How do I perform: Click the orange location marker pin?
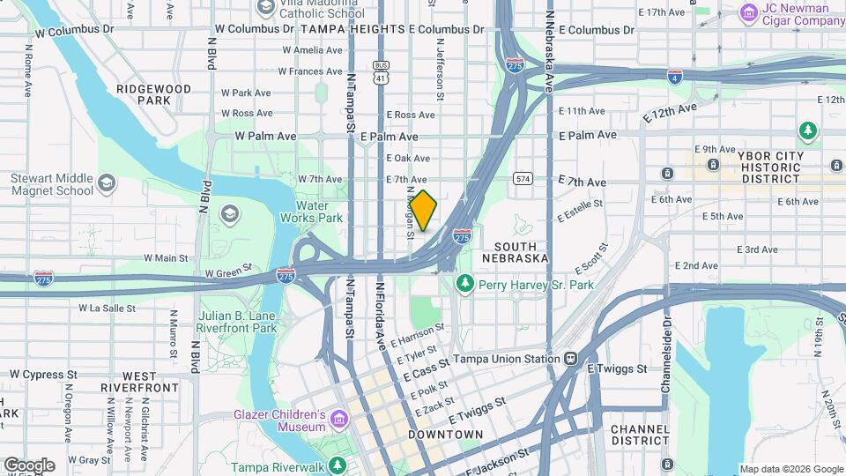(x=423, y=211)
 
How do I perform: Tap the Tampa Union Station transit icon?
(x=571, y=359)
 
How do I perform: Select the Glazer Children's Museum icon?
(x=339, y=420)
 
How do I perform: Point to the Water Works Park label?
(x=311, y=212)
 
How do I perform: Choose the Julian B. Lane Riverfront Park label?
(x=237, y=322)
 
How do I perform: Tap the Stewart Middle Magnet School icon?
(x=107, y=183)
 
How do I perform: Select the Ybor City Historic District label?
(x=771, y=167)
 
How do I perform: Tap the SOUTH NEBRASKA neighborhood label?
(x=516, y=252)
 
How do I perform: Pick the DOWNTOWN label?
(x=445, y=435)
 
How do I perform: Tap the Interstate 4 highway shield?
(x=674, y=77)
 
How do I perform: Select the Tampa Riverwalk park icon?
(x=336, y=465)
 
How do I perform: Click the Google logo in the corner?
(x=29, y=465)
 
